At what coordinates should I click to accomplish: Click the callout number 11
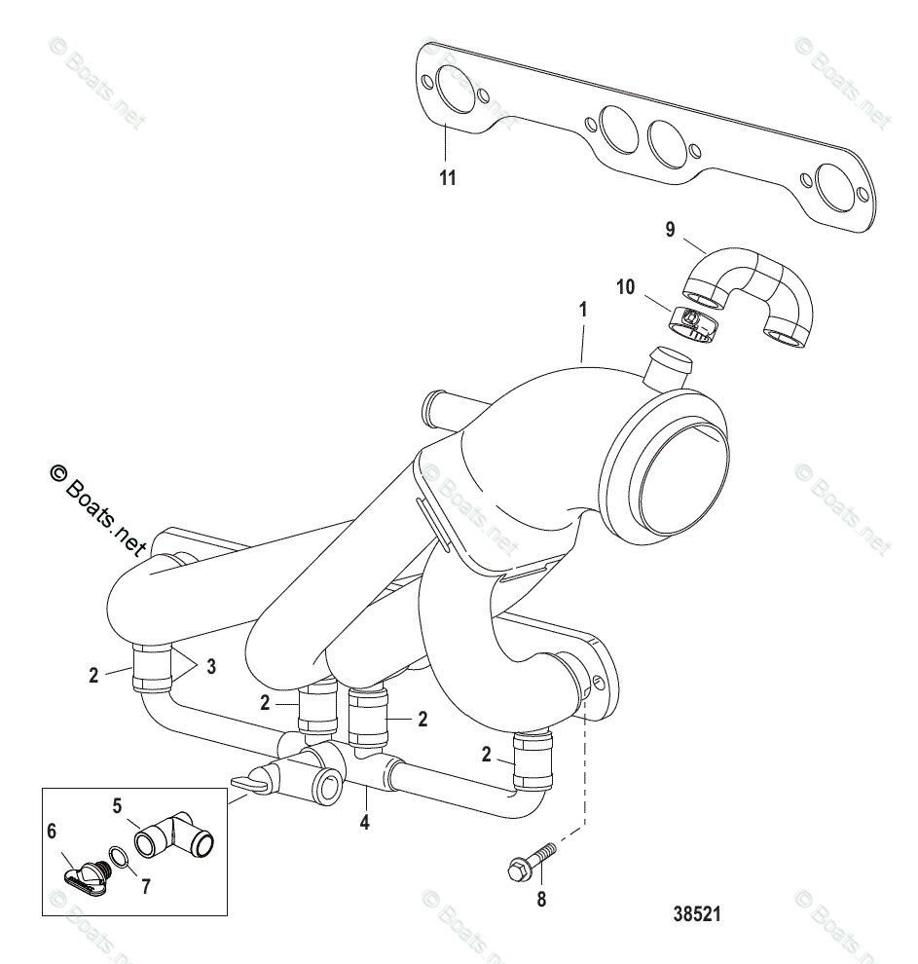pyautogui.click(x=447, y=178)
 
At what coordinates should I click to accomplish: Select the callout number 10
pyautogui.click(x=624, y=287)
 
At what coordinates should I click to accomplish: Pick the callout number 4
pyautogui.click(x=366, y=823)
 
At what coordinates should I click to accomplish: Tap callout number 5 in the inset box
pyautogui.click(x=117, y=806)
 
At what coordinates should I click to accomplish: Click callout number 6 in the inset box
pyautogui.click(x=53, y=831)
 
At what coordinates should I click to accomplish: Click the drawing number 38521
pyautogui.click(x=696, y=915)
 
